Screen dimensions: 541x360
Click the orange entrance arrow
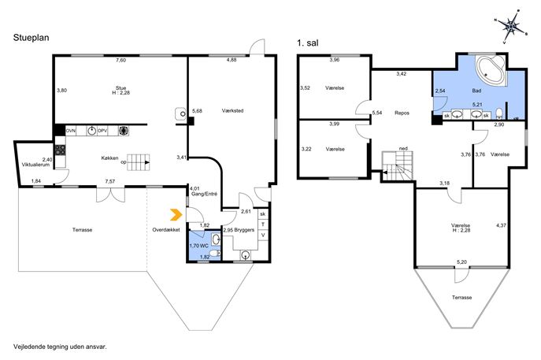pos(176,215)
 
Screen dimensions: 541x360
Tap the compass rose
pos(511,26)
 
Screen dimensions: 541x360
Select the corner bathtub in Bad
pos(491,70)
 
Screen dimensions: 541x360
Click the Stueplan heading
pos(31,37)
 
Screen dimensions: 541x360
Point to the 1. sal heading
pos(307,43)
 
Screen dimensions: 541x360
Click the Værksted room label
pos(232,111)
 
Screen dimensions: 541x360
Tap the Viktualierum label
pos(36,165)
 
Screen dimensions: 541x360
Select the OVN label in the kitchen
pos(71,131)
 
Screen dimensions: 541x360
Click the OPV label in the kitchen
pos(102,131)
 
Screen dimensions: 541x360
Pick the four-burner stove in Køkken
pos(60,150)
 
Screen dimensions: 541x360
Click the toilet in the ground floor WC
pos(215,254)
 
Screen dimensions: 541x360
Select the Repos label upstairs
pos(402,113)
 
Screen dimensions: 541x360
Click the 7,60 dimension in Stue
pos(120,60)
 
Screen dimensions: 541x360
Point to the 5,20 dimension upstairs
pos(461,262)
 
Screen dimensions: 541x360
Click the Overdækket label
pos(166,230)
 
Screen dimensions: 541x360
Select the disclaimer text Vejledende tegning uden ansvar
pos(60,347)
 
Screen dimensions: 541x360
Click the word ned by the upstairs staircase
pos(403,148)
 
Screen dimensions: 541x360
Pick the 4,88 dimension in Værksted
pos(232,60)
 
